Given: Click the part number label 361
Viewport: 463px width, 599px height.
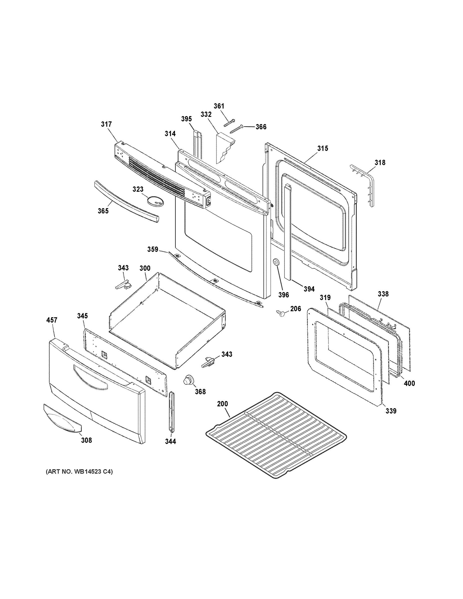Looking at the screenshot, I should point(219,106).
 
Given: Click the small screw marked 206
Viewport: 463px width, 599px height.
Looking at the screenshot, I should point(280,313).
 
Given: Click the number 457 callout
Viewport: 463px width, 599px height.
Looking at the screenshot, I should point(52,320).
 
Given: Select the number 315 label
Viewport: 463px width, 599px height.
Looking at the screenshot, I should point(322,149).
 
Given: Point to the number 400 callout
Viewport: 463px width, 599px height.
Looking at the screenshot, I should point(409,383).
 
